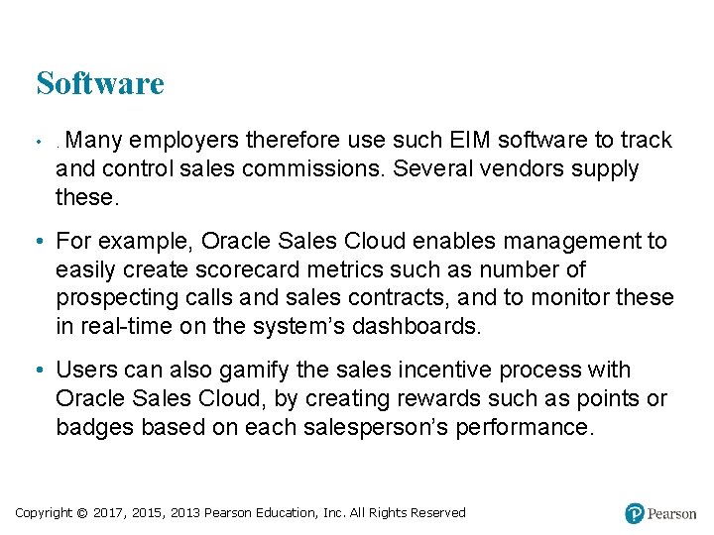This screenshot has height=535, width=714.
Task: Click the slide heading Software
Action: coord(99,83)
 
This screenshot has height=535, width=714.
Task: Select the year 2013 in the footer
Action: coord(185,513)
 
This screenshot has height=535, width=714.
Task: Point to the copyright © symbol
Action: coord(81,513)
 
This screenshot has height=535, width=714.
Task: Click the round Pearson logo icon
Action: coord(635,513)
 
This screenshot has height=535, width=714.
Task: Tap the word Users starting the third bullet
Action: coord(83,371)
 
